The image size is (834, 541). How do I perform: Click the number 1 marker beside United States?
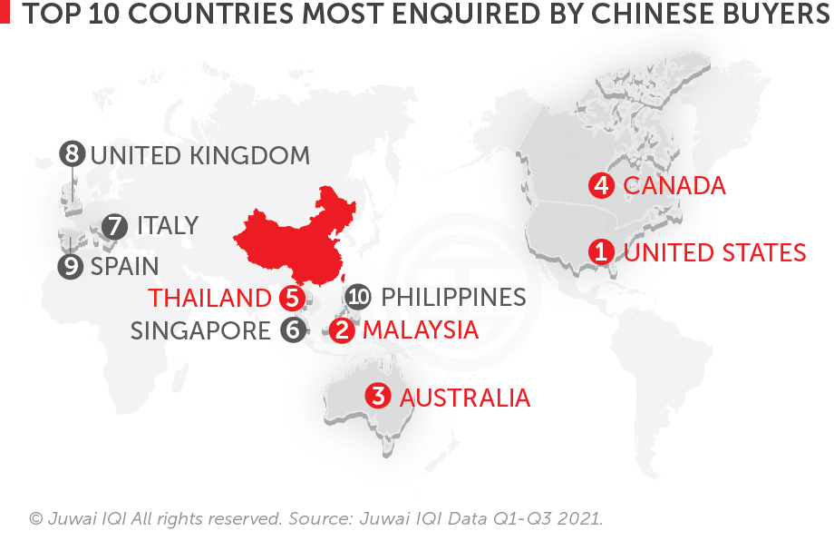(600, 251)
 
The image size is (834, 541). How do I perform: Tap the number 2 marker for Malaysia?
(343, 330)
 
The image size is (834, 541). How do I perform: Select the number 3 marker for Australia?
(379, 397)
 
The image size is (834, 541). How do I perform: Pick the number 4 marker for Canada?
(600, 186)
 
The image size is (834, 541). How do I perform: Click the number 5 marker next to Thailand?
(291, 297)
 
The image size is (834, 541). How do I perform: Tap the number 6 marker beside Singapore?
(292, 330)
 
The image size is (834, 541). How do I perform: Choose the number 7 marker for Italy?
(115, 226)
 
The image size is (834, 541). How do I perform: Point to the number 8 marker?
(72, 154)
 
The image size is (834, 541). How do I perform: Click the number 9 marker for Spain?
(71, 267)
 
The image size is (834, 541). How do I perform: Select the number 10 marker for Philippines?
(359, 297)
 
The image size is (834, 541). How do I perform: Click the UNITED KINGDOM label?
(199, 155)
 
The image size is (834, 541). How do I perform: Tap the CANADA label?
(674, 186)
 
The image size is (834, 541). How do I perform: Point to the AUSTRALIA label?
(464, 398)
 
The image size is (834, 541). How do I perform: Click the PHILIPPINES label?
(453, 297)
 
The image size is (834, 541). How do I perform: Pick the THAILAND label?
(210, 298)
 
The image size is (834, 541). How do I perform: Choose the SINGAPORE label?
(200, 330)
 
